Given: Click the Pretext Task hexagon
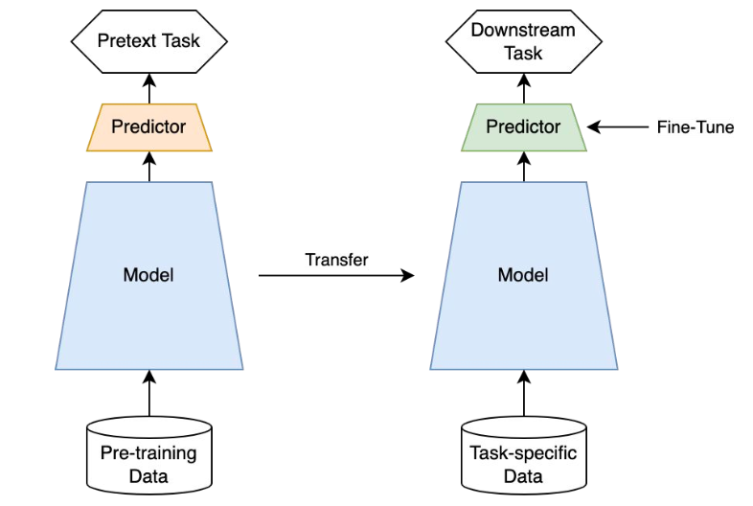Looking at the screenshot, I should pyautogui.click(x=148, y=41).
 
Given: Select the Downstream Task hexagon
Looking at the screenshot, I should pyautogui.click(x=523, y=41).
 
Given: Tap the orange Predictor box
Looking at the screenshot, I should pyautogui.click(x=148, y=126).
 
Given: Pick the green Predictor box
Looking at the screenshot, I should pyautogui.click(x=523, y=126).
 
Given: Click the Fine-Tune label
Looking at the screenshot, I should pyautogui.click(x=695, y=126).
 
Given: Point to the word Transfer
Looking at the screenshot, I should pyautogui.click(x=336, y=260).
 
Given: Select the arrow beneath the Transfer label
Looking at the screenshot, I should pyautogui.click(x=336, y=276).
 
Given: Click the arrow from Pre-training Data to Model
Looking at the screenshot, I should pyautogui.click(x=148, y=393).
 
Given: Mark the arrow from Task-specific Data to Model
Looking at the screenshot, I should pyautogui.click(x=523, y=393).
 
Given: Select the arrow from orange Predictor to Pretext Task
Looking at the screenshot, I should pyautogui.click(x=148, y=89).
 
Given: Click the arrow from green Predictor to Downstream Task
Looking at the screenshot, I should pyautogui.click(x=523, y=89).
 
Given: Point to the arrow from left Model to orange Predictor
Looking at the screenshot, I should pyautogui.click(x=148, y=167).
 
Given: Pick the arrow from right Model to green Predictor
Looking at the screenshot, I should pyautogui.click(x=523, y=167).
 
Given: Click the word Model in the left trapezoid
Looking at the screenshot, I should pyautogui.click(x=148, y=275).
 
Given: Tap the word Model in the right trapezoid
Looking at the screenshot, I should pyautogui.click(x=523, y=275).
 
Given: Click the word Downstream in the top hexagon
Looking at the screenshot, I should pyautogui.click(x=523, y=30).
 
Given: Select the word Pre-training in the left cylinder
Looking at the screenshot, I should pyautogui.click(x=148, y=453).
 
